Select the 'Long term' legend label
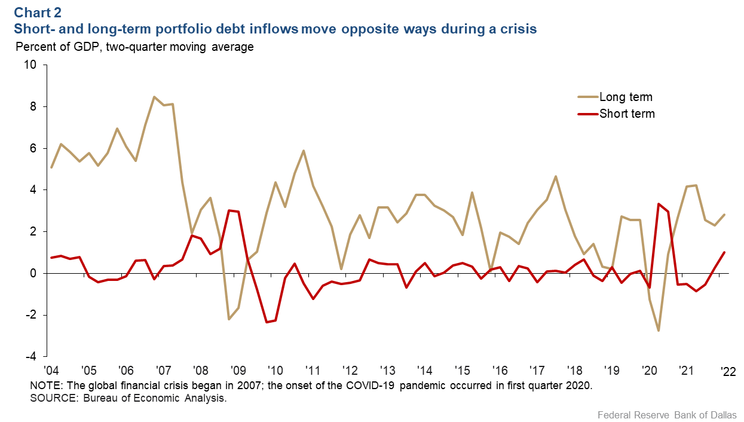pyautogui.click(x=626, y=97)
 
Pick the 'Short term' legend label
pyautogui.click(x=627, y=114)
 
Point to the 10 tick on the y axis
pyautogui.click(x=30, y=65)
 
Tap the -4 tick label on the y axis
pyautogui.click(x=30, y=356)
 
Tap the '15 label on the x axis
pyautogui.click(x=461, y=369)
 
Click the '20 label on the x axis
pyautogui.click(x=648, y=369)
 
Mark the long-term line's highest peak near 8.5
pyautogui.click(x=154, y=97)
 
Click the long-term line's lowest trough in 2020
pyautogui.click(x=659, y=331)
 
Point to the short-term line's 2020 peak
pyautogui.click(x=658, y=204)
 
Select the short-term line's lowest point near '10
pyautogui.click(x=267, y=322)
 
